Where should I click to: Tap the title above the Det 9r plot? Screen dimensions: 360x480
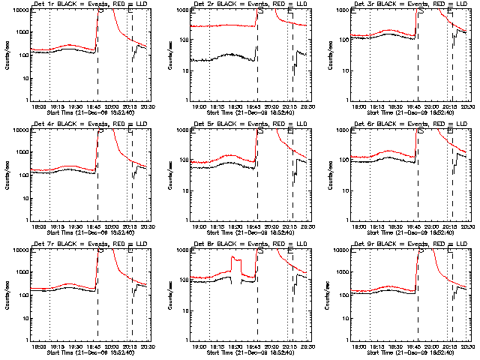pyautogui.click(x=409, y=244)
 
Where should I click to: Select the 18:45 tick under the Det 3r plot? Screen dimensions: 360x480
pyautogui.click(x=416, y=106)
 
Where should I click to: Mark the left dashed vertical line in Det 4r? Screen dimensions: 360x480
pyautogui.click(x=97, y=174)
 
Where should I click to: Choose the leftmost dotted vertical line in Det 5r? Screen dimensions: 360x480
pyautogui.click(x=209, y=174)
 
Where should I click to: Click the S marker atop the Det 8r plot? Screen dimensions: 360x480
pyautogui.click(x=260, y=252)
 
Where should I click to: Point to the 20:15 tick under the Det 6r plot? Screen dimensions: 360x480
pyautogui.click(x=451, y=226)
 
